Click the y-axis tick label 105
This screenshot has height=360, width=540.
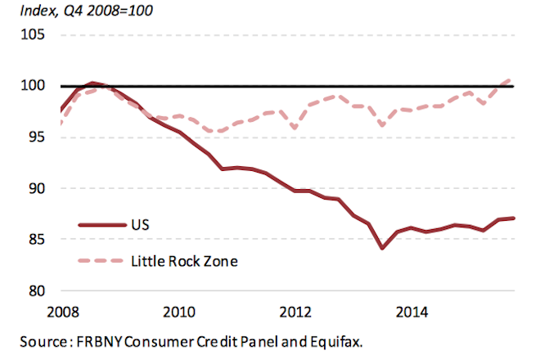click(33, 35)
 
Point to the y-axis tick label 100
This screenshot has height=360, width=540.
click(33, 86)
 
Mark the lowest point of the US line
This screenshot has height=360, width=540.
click(382, 248)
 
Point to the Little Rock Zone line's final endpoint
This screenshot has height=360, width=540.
click(512, 79)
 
